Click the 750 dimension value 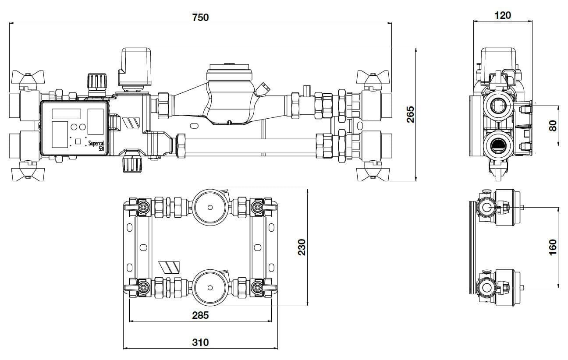point(200,18)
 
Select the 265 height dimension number point(410,114)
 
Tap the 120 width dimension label point(503,15)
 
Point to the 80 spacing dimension point(553,126)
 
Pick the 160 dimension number point(553,247)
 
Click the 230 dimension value point(302,247)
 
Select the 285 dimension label point(200,315)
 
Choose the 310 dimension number point(200,342)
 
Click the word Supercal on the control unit point(96,143)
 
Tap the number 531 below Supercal point(101,149)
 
